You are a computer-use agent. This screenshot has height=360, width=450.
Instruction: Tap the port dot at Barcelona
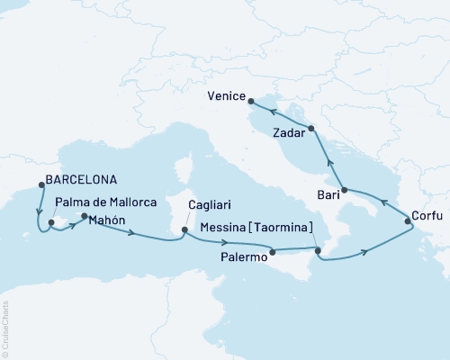point(41,185)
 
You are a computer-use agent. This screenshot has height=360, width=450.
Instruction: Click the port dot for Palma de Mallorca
point(51,222)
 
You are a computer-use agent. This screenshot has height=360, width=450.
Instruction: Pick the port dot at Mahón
point(85,217)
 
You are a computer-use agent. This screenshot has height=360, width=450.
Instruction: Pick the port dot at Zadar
point(311,130)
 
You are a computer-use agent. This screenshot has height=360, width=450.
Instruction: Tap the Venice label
point(224,94)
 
